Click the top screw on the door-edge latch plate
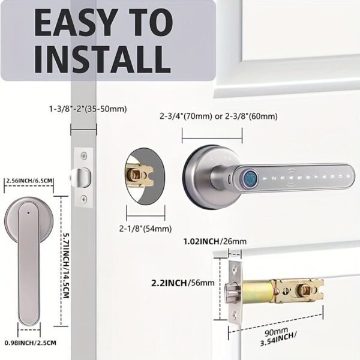coord(84,157)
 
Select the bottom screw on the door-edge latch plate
coord(84,198)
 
